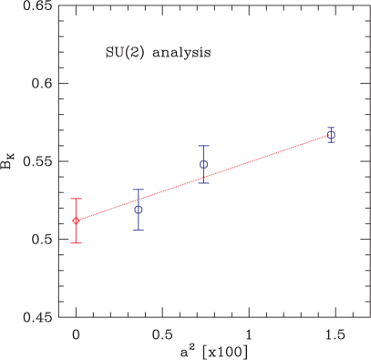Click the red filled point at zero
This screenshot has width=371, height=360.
coord(76,221)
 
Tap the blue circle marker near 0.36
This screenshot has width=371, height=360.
coord(139,210)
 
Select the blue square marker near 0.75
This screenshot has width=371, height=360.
coord(204,165)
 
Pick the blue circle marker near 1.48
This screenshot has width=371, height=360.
coord(332,134)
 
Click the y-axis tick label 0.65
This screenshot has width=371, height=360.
coord(36,6)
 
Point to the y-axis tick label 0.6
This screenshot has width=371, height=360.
coord(40,84)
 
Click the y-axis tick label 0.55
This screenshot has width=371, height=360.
coord(36,161)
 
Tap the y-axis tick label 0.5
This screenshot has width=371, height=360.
coord(40,240)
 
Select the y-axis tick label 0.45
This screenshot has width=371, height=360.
coord(36,317)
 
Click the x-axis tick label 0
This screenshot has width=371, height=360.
coord(76,334)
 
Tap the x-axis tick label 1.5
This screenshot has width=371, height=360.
coord(335,334)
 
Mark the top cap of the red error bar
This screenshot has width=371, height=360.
coord(76,199)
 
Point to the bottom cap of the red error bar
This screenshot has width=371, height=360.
coord(76,243)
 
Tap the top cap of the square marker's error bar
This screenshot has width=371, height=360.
coord(204,146)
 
